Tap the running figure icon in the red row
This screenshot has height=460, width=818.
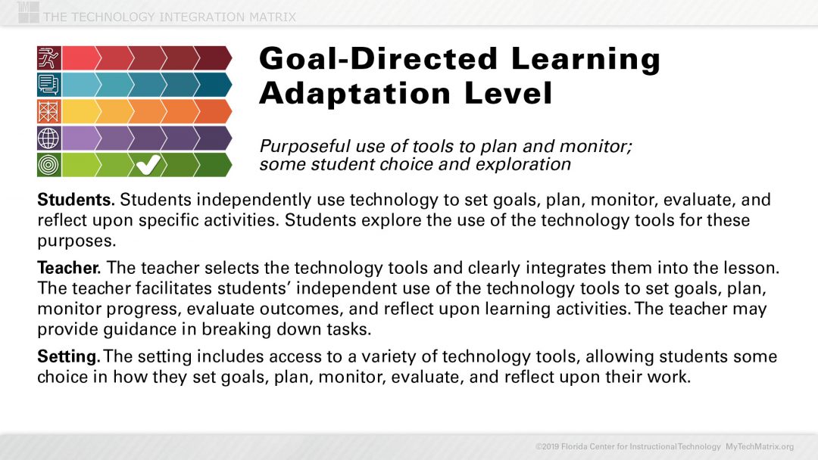pyautogui.click(x=48, y=57)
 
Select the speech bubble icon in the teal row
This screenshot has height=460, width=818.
pyautogui.click(x=48, y=84)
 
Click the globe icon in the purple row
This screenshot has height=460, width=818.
pyautogui.click(x=48, y=138)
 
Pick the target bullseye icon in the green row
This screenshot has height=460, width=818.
pyautogui.click(x=48, y=164)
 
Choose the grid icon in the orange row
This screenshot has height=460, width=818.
pyautogui.click(x=48, y=111)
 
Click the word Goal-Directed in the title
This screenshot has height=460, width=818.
pyautogui.click(x=375, y=59)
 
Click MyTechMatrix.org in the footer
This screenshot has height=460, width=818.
pyautogui.click(x=760, y=446)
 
